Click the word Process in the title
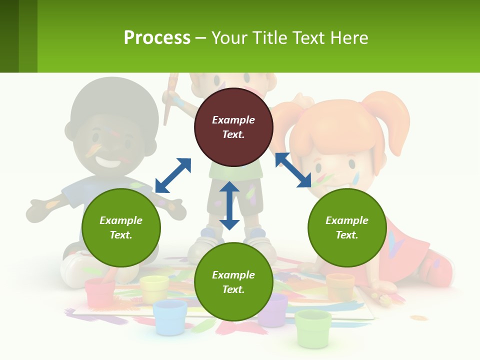tap(157, 38)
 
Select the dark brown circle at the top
tap(233, 127)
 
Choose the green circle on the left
tap(121, 227)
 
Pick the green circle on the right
tap(347, 227)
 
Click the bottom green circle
tap(233, 282)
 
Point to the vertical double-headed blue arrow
tap(229, 205)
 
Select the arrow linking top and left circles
tap(173, 175)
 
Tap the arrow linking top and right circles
tap(293, 170)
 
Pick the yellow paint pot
tap(154, 289)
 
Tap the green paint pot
tap(313, 327)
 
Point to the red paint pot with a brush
tap(100, 292)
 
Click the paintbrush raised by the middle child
tap(170, 97)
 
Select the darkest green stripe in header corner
tap(9, 36)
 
